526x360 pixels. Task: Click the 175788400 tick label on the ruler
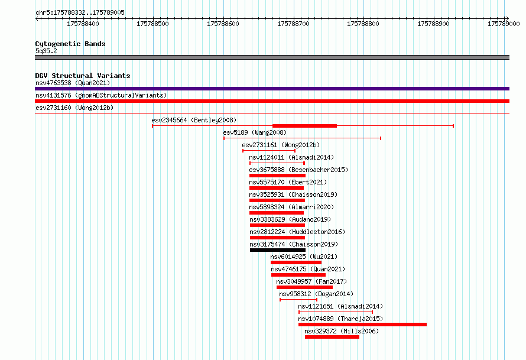pos(83,24)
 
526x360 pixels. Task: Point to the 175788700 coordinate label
pos(293,24)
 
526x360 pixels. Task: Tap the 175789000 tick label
pos(504,24)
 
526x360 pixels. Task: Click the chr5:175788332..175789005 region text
pos(80,12)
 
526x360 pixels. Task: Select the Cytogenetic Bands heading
pos(70,44)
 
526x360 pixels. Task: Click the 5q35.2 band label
pos(46,51)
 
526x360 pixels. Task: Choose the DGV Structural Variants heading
pos(83,76)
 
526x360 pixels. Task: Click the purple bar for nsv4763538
pos(272,89)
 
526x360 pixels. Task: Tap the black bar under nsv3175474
pos(278,250)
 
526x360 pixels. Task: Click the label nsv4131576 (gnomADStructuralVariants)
pos(101,95)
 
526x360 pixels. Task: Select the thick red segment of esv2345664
pos(304,126)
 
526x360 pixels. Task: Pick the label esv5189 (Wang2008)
pos(255,132)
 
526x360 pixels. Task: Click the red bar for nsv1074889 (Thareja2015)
pos(362,325)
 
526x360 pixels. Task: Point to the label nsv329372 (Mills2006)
pos(342,331)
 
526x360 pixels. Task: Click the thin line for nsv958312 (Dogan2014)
pos(298,299)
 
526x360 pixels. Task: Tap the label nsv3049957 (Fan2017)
pos(311,281)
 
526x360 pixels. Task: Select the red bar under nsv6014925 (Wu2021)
pos(296,262)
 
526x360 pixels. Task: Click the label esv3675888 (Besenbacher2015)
pos(298,170)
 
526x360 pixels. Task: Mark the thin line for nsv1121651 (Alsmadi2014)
pos(336,312)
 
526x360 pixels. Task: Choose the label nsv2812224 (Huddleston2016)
pos(297,232)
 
